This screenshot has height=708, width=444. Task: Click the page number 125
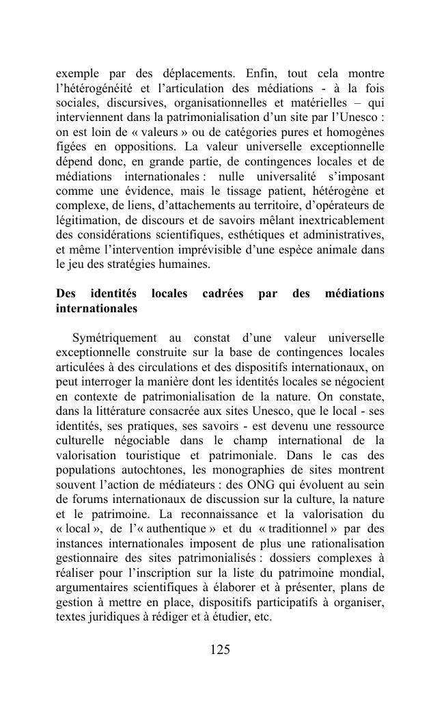click(x=220, y=650)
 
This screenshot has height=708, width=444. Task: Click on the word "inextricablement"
click(x=340, y=220)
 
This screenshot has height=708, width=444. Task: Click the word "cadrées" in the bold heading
click(x=223, y=294)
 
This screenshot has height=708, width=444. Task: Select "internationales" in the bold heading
click(x=96, y=309)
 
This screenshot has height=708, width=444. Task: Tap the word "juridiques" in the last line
click(x=113, y=618)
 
